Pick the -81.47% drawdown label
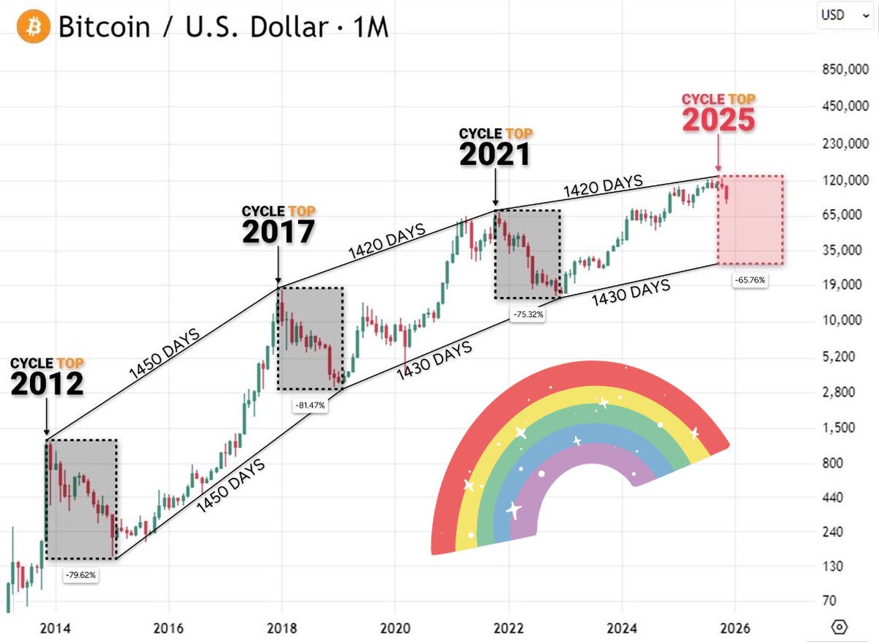click(311, 404)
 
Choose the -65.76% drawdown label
click(750, 280)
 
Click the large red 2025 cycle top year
click(719, 121)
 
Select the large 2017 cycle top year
click(278, 231)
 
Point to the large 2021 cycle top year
click(496, 154)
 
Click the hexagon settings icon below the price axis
click(840, 627)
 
